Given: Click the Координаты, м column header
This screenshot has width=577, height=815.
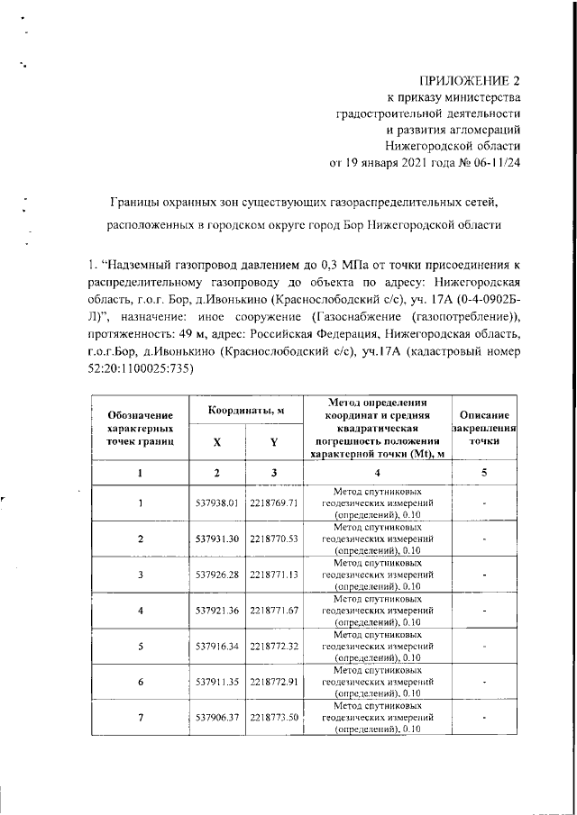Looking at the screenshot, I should tap(246, 411).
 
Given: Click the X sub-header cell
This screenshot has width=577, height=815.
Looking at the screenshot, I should tap(216, 442).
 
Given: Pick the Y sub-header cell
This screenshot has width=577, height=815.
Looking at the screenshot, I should tap(273, 442).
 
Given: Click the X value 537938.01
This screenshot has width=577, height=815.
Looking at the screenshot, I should tap(216, 502).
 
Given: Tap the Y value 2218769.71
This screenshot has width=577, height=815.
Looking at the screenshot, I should tap(274, 502).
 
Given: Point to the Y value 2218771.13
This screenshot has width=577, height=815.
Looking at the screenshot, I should tap(274, 574).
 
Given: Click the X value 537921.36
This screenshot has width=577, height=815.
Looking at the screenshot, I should tap(216, 610).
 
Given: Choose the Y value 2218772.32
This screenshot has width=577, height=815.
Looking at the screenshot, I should tap(274, 646).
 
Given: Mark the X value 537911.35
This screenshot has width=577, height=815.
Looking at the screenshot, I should tap(216, 682).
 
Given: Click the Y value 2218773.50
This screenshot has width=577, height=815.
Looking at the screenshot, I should tap(274, 717).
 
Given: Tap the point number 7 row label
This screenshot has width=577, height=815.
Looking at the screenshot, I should tap(140, 717).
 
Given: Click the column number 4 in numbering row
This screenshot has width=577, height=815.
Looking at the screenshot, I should tap(378, 472).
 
